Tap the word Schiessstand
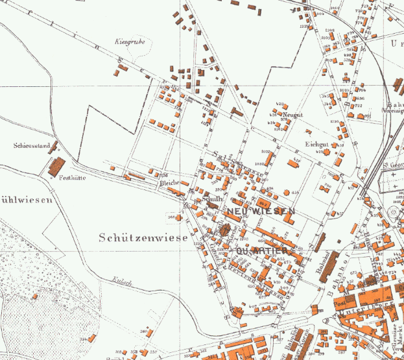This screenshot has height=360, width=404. pyautogui.click(x=28, y=145)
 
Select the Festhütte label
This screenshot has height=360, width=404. pyautogui.click(x=73, y=177)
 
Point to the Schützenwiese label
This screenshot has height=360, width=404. pyautogui.click(x=143, y=238)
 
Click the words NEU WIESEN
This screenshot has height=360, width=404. pyautogui.click(x=261, y=212)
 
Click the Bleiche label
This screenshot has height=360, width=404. pyautogui.click(x=169, y=183)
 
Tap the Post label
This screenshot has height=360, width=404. pyautogui.click(x=339, y=302)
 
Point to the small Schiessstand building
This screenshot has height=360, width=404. pyautogui.click(x=54, y=147)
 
